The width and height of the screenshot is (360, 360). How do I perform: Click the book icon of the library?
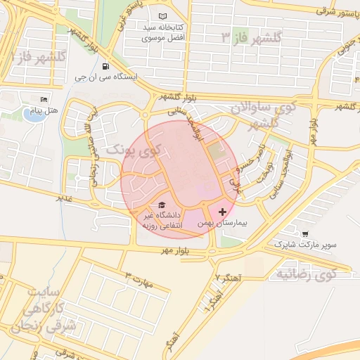click(164, 16)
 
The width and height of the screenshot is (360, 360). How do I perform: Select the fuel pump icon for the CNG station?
click(105, 68)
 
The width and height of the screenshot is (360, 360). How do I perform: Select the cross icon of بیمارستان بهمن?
click(223, 211)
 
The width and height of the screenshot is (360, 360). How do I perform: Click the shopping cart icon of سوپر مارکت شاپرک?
click(304, 235)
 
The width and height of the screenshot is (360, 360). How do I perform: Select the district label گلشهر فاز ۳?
click(251, 37)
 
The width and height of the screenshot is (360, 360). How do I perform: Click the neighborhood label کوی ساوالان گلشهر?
click(265, 115)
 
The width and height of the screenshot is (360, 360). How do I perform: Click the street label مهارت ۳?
click(138, 279)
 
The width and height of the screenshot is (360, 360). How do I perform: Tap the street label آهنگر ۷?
click(230, 279)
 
